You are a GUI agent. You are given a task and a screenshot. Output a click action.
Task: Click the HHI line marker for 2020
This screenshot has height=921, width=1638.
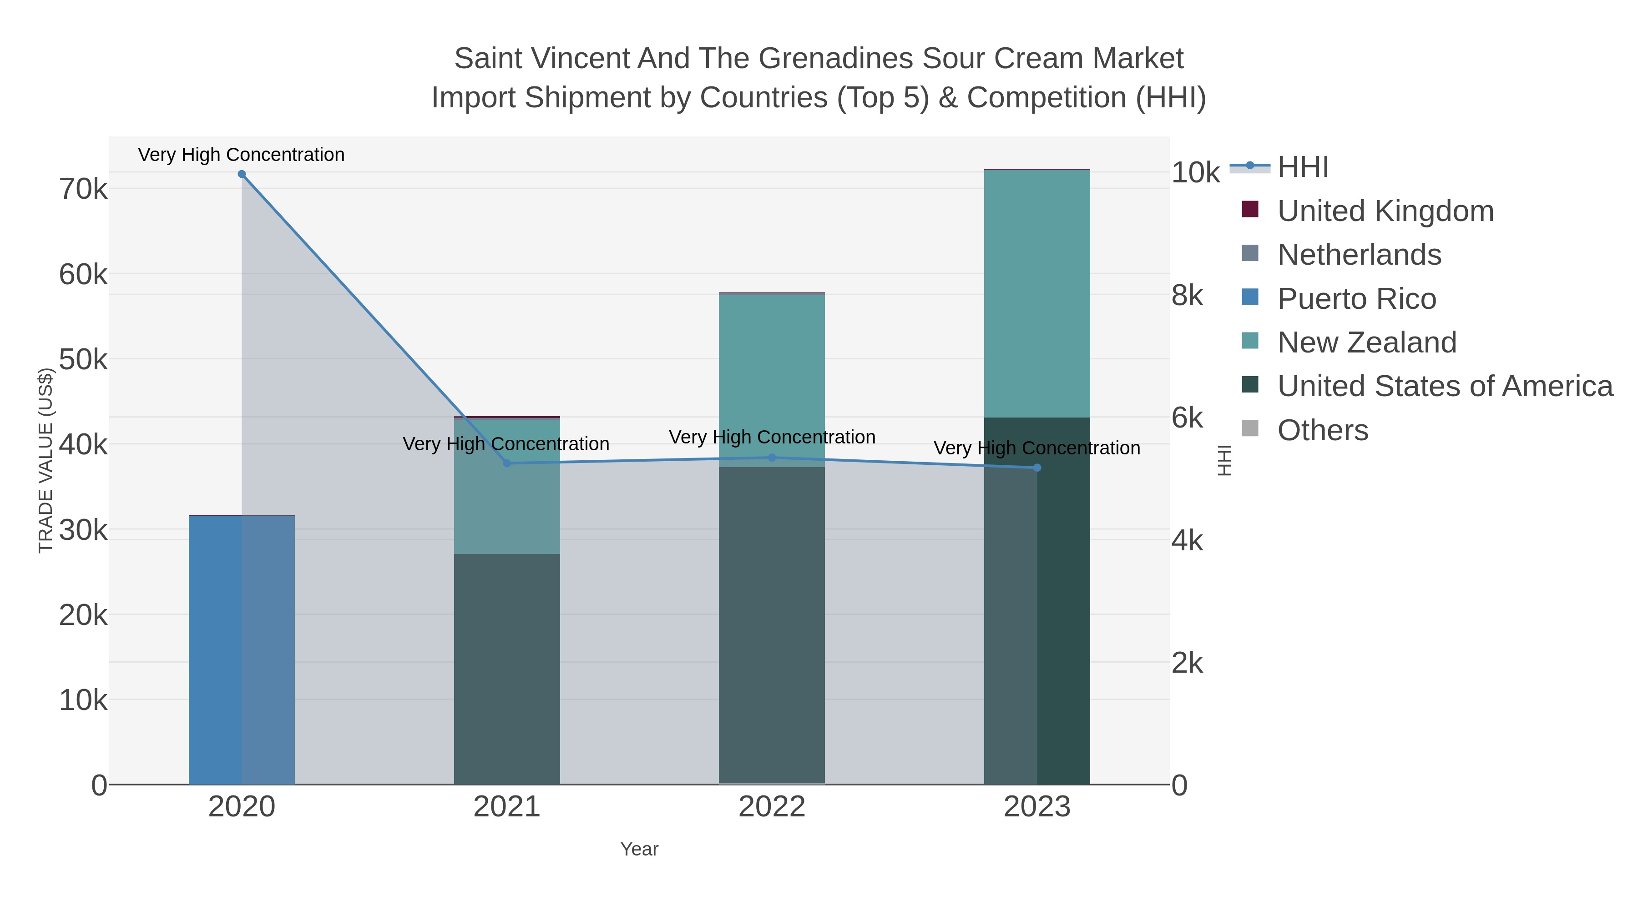(x=242, y=174)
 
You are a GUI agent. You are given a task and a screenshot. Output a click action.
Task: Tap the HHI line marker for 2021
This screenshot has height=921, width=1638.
(x=507, y=463)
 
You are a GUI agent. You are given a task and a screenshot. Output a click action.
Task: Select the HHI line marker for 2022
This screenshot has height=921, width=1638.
(x=772, y=458)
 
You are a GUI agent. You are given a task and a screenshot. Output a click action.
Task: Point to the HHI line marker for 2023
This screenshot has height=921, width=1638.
(x=1037, y=468)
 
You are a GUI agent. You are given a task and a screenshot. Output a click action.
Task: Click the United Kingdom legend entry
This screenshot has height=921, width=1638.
(x=1385, y=211)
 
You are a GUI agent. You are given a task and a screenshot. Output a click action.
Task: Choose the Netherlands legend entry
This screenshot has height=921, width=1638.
(x=1359, y=255)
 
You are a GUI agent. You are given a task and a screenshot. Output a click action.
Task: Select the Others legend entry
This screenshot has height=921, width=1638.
(x=1323, y=430)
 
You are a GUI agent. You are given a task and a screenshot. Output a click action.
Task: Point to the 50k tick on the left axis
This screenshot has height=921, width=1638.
(x=83, y=360)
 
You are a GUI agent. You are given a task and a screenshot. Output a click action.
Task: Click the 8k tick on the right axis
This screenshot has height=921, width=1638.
(x=1187, y=296)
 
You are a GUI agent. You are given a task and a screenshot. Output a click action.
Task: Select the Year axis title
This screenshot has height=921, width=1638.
(x=639, y=849)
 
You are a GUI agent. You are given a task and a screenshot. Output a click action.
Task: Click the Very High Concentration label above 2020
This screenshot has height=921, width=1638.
(x=242, y=155)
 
